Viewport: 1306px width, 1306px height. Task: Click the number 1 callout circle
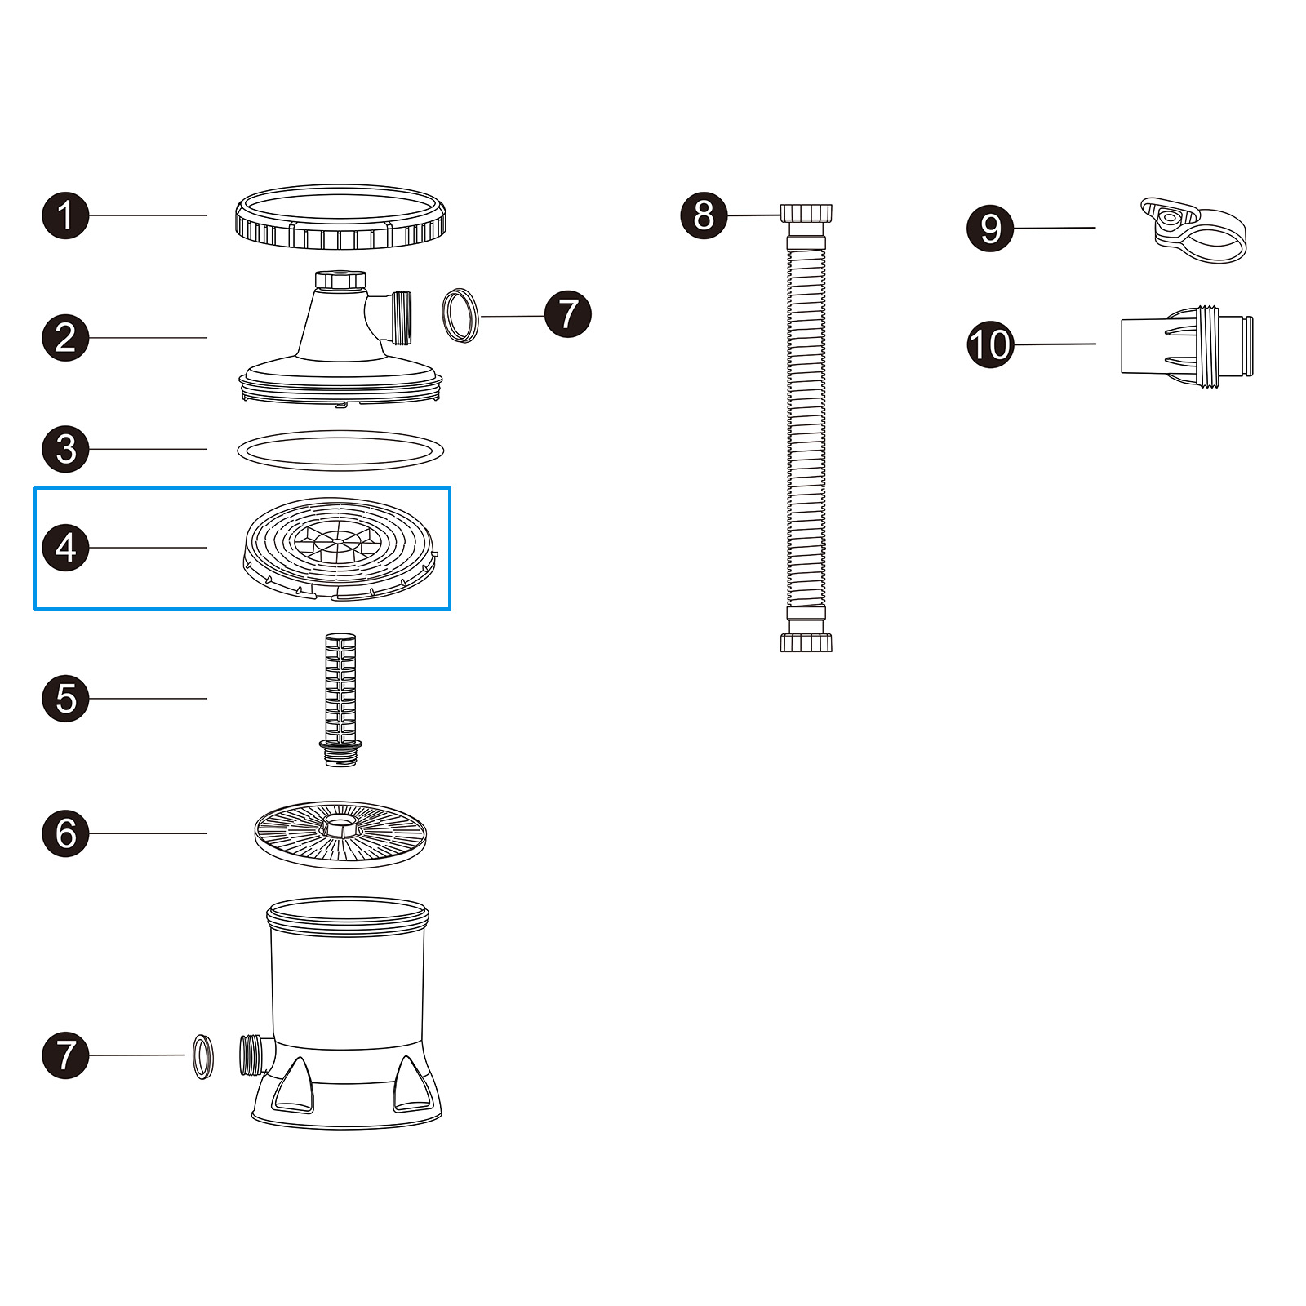point(65,216)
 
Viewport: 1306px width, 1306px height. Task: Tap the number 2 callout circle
point(65,338)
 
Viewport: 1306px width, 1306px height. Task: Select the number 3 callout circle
point(65,449)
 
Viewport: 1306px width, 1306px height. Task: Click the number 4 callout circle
point(65,548)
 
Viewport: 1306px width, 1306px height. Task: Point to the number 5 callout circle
point(65,699)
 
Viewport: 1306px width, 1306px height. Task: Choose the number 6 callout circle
point(65,833)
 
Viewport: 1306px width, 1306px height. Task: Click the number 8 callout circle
point(704,215)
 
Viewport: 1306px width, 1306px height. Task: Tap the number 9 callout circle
point(990,229)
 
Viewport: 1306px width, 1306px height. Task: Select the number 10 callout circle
point(990,344)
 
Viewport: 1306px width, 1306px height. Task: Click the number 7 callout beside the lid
point(568,314)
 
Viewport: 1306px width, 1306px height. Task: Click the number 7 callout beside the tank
point(65,1055)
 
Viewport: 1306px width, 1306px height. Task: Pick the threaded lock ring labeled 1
point(340,219)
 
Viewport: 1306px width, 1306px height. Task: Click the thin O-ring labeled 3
point(340,451)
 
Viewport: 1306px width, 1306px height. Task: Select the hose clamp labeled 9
point(1194,231)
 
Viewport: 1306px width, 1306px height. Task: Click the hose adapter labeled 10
point(1186,346)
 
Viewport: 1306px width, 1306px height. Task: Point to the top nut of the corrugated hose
point(806,214)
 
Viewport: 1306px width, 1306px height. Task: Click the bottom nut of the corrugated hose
point(806,642)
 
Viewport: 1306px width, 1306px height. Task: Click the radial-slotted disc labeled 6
point(340,834)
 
